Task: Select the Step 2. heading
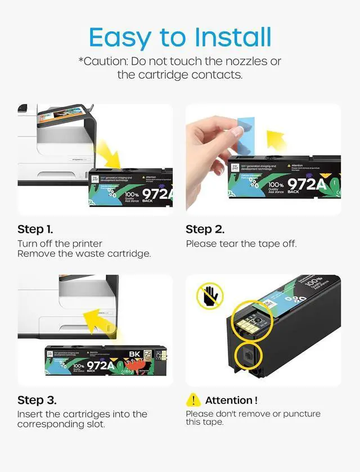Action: (205, 229)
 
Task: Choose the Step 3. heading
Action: (37, 400)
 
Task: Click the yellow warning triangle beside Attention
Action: (193, 400)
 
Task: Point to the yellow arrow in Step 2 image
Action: (277, 139)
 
